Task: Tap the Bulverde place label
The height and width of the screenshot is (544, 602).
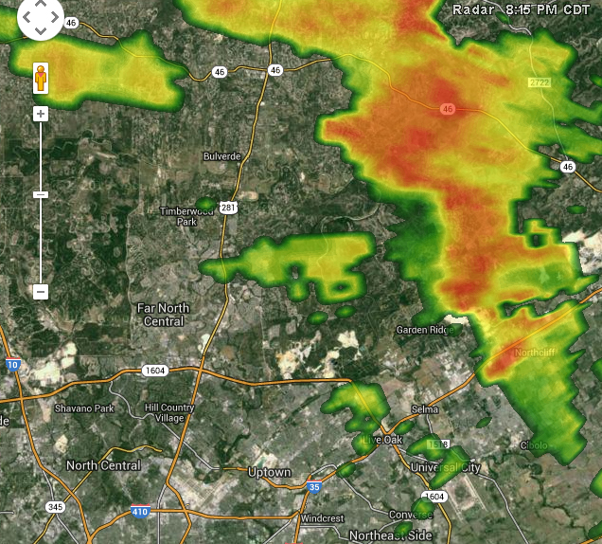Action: (x=222, y=155)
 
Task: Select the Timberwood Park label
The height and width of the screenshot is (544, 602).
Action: (x=178, y=216)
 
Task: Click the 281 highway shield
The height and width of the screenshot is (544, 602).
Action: (x=229, y=208)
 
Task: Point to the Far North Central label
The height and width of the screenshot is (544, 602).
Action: (x=163, y=315)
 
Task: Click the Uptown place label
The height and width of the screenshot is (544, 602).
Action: (x=269, y=472)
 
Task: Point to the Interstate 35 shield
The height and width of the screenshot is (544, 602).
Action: (x=313, y=488)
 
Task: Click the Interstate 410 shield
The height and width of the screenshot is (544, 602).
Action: (x=139, y=513)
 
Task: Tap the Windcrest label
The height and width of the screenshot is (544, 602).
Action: (x=322, y=518)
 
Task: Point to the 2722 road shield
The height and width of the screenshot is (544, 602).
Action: (x=539, y=83)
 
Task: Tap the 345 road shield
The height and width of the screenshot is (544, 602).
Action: (x=55, y=507)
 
